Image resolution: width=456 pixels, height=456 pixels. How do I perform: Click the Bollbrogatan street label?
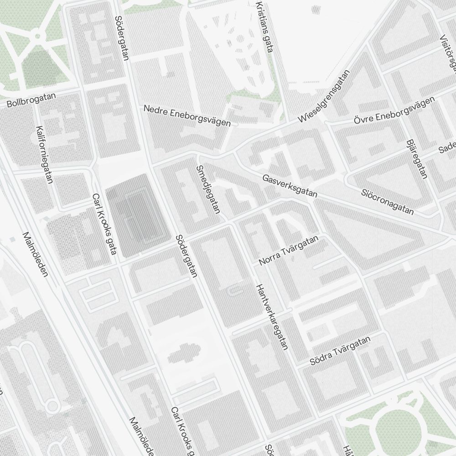[31, 101]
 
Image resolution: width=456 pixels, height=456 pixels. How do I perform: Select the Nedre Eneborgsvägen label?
[187, 116]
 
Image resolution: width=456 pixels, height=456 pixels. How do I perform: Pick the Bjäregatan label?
[416, 159]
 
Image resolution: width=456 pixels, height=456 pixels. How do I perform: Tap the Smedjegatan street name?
[208, 189]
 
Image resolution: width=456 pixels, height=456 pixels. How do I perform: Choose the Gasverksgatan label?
[290, 186]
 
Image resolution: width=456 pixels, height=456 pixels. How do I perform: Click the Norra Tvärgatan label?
[288, 251]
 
